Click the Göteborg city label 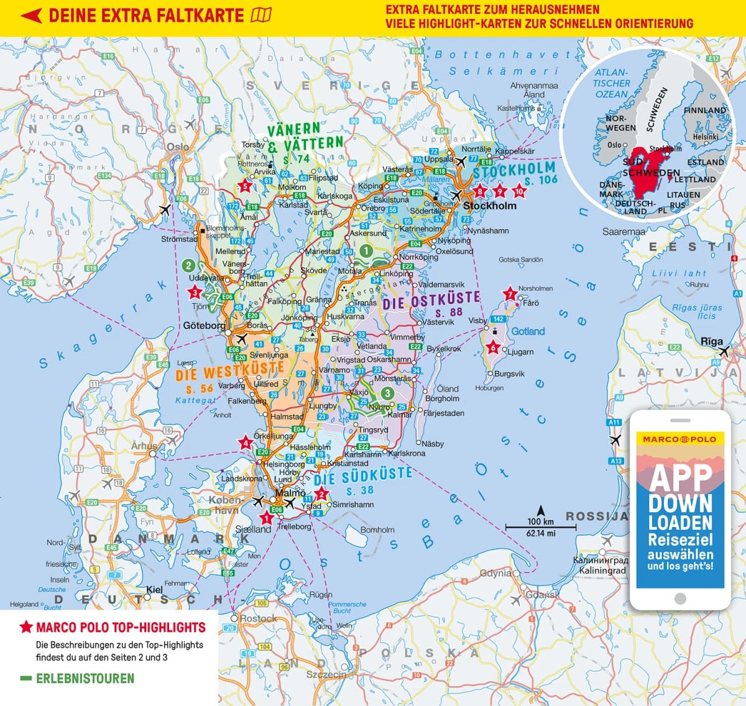pyautogui.click(x=204, y=326)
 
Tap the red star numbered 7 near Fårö pyautogui.click(x=510, y=293)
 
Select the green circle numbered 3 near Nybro pyautogui.click(x=387, y=393)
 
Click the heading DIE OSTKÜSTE pyautogui.click(x=431, y=301)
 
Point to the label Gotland pyautogui.click(x=528, y=331)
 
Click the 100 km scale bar pyautogui.click(x=541, y=527)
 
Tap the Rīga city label pyautogui.click(x=711, y=341)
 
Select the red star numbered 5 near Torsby pyautogui.click(x=245, y=186)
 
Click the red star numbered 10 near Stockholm pyautogui.click(x=519, y=192)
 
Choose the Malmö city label pyautogui.click(x=290, y=493)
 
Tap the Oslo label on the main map pyautogui.click(x=177, y=147)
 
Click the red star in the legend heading pyautogui.click(x=26, y=628)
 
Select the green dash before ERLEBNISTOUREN pyautogui.click(x=25, y=679)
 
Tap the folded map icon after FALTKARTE pyautogui.click(x=261, y=16)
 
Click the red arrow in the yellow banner pyautogui.click(x=31, y=16)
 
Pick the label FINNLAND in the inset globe pyautogui.click(x=704, y=111)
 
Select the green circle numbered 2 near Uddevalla pyautogui.click(x=188, y=266)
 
